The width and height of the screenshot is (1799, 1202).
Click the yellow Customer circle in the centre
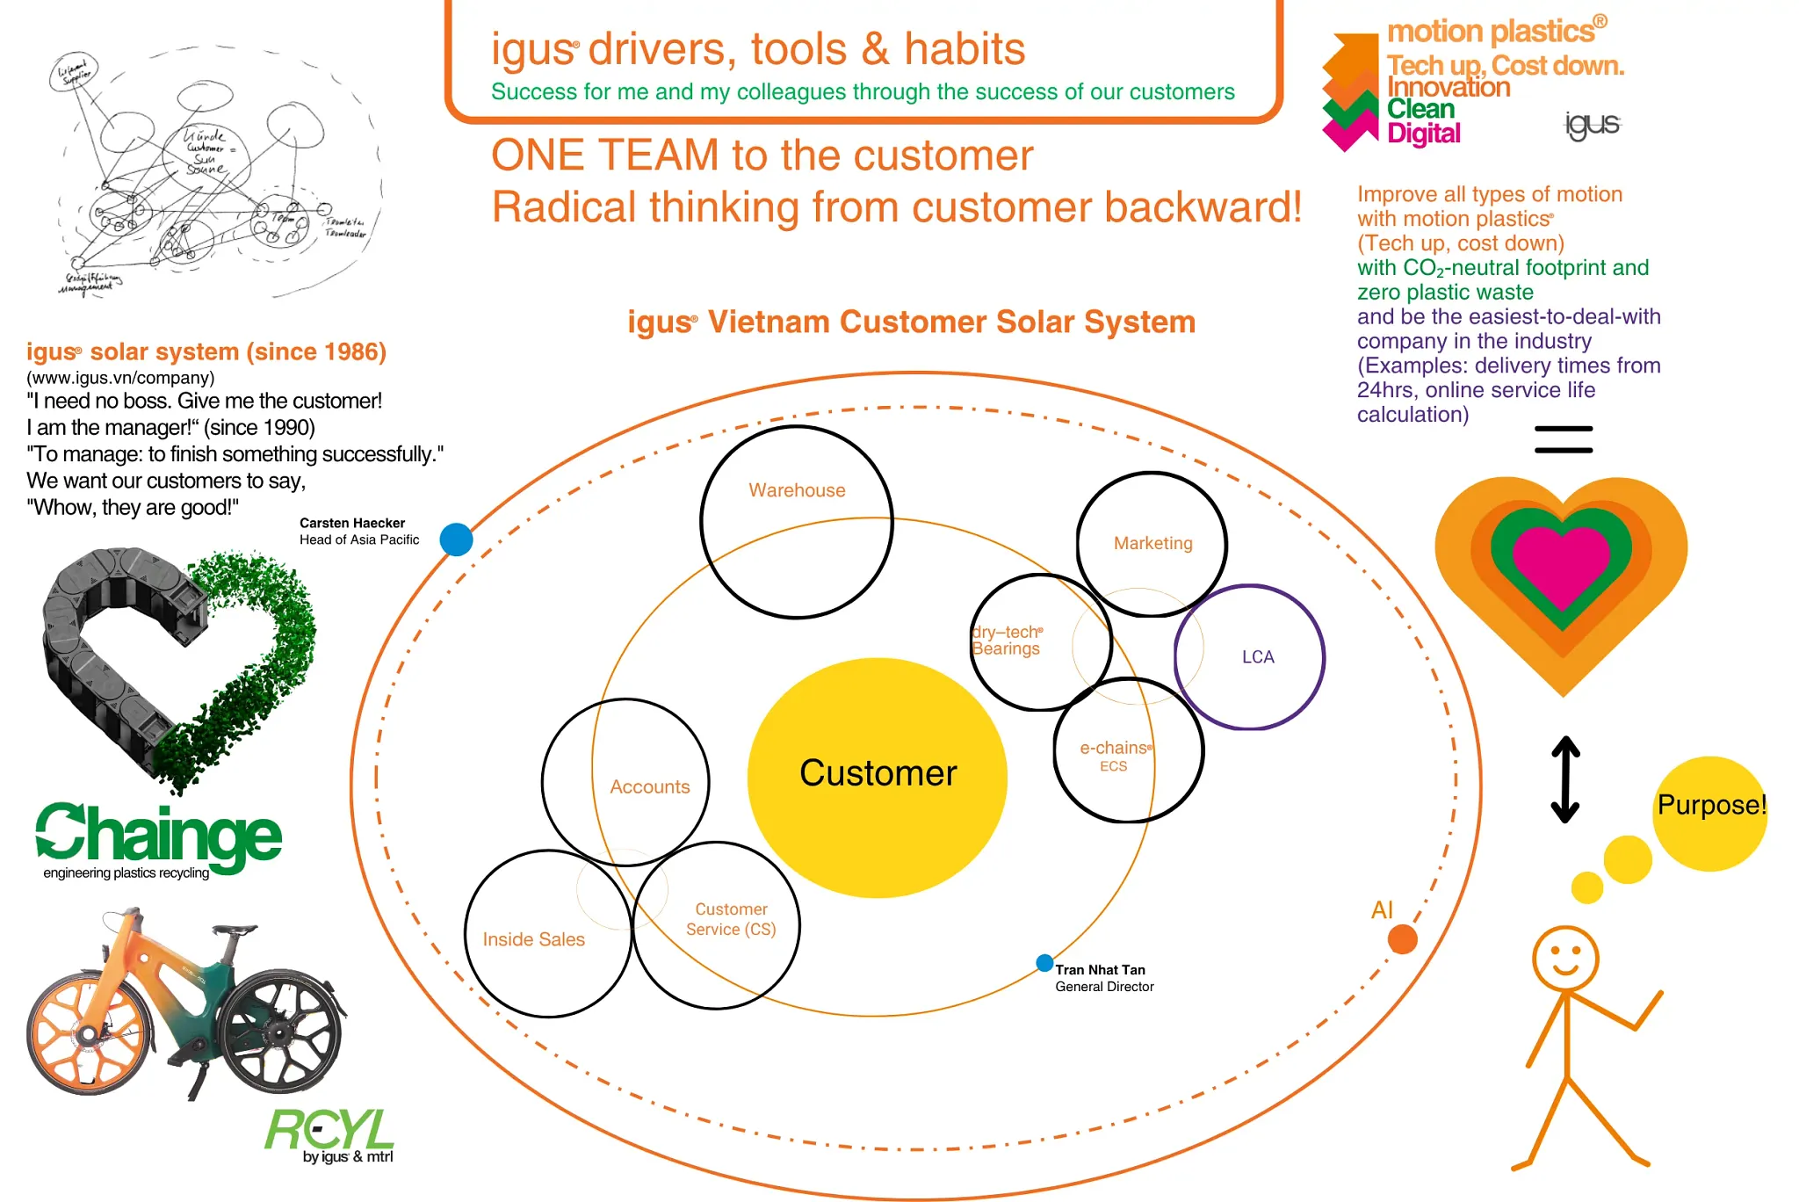[x=878, y=777]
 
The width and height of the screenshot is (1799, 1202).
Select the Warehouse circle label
[x=797, y=490]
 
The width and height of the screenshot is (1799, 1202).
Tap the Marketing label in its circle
[x=1152, y=543]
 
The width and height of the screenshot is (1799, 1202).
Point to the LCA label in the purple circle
[x=1258, y=656]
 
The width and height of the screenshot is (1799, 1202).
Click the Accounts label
[x=650, y=786]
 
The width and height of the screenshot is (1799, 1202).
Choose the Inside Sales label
[x=533, y=939]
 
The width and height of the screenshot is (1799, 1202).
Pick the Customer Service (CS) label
[x=731, y=919]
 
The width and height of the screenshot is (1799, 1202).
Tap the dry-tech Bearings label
[x=1007, y=640]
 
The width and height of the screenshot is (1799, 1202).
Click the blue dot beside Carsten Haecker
[x=456, y=539]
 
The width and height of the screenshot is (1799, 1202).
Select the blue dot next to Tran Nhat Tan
[x=1044, y=963]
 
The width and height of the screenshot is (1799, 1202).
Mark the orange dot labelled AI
[x=1403, y=939]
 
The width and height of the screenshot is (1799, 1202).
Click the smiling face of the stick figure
[x=1565, y=958]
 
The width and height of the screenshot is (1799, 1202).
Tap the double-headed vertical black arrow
[x=1565, y=778]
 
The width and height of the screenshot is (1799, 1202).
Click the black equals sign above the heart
[x=1564, y=439]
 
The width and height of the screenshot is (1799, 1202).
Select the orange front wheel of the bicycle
[x=87, y=1036]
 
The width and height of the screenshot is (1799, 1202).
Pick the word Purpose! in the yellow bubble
[x=1711, y=805]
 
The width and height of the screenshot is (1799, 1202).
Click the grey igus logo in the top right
[x=1592, y=125]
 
